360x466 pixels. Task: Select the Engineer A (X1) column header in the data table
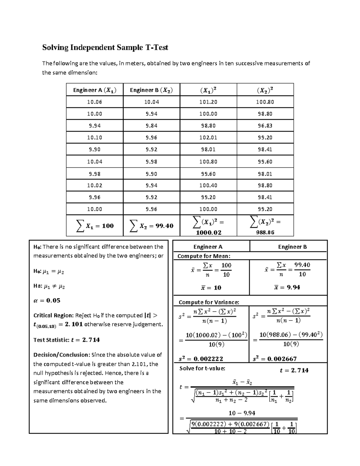coord(94,90)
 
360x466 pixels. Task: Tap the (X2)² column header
coord(265,90)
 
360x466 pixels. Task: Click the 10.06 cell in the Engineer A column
coord(94,102)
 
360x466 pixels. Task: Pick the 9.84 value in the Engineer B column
coord(151,126)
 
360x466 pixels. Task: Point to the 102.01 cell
coord(208,138)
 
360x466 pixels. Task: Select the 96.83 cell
coord(265,126)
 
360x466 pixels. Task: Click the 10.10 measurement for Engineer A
coord(94,138)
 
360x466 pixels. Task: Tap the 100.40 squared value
coord(208,185)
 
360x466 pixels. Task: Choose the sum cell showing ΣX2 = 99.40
coord(151,226)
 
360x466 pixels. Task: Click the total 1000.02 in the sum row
coord(208,233)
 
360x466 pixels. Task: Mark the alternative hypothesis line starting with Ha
coord(49,286)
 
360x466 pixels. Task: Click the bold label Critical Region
coord(53,315)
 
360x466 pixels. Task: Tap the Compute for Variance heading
coord(209,302)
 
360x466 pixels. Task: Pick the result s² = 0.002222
coord(201,359)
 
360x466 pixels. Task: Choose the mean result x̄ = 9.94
coord(287,287)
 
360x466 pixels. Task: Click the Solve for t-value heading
coord(202,368)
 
